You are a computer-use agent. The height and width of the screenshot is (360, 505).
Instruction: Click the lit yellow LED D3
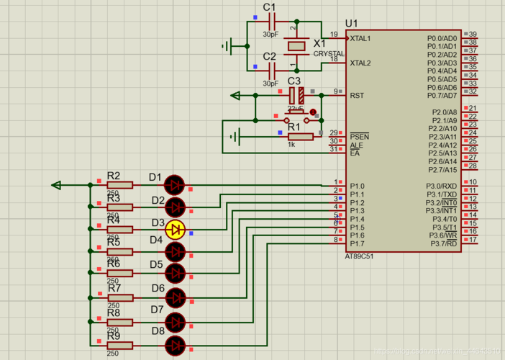175,230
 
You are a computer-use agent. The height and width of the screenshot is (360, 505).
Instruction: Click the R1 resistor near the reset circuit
300,136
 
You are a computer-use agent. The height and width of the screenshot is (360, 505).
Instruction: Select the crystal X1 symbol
298,46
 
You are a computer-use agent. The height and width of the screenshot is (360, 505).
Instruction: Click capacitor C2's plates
271,70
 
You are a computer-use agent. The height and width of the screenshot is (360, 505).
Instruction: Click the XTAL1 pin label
360,38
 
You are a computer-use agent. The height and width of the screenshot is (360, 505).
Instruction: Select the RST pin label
357,95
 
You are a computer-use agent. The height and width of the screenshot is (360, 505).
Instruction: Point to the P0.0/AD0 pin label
442,38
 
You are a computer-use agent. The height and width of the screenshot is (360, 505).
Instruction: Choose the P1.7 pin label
358,243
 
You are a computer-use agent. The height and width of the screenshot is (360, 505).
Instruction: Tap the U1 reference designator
352,23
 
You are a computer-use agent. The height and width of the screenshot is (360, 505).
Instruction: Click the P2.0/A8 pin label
444,112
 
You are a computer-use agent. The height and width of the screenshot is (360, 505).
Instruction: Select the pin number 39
473,35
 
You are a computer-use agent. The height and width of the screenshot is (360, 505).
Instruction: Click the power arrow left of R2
57,185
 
